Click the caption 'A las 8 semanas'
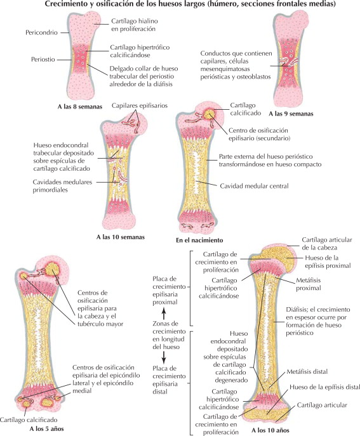(80, 107)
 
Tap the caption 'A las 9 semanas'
(291, 114)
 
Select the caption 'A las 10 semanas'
(121, 237)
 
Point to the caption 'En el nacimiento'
(199, 240)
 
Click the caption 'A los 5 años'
(46, 428)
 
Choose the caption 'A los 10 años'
(270, 430)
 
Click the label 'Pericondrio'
(41, 32)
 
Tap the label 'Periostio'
(43, 59)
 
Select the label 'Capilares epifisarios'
(140, 105)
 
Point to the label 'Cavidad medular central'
(254, 186)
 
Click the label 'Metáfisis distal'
(307, 371)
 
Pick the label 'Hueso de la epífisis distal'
(324, 387)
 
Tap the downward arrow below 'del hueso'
(164, 357)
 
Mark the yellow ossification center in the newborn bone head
(210, 114)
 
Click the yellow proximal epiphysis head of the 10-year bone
(276, 256)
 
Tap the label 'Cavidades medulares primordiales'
(62, 186)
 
